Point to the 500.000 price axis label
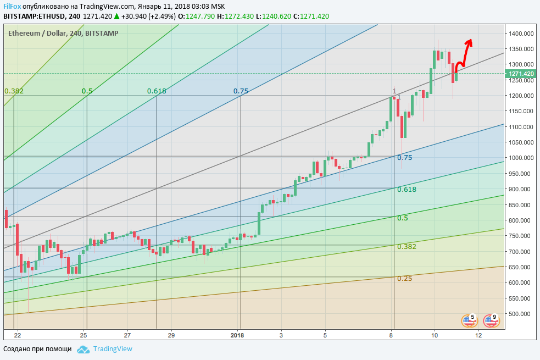tap(521, 314)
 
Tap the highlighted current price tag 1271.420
tap(521, 74)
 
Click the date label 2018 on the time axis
tap(237, 335)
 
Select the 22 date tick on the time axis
tap(18, 335)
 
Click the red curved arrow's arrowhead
tap(470, 41)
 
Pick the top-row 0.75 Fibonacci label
tap(241, 91)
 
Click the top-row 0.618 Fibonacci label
tap(157, 91)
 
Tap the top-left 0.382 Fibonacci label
tap(14, 91)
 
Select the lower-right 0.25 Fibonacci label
tap(404, 279)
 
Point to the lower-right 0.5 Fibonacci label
tap(402, 218)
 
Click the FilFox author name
tap(13, 5)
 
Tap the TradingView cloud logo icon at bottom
tap(83, 349)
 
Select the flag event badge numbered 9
tap(491, 320)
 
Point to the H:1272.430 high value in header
tap(236, 16)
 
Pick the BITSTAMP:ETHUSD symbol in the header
tap(32, 16)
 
